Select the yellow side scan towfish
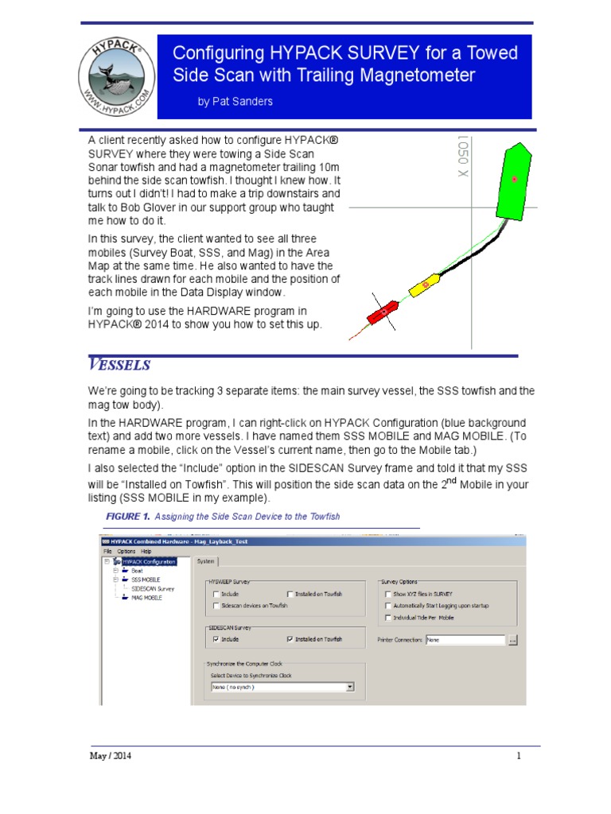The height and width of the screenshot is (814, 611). [x=424, y=285]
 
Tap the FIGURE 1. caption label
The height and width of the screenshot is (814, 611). [x=128, y=517]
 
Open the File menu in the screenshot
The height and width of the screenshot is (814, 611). [x=107, y=551]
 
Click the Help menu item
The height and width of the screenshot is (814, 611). [x=146, y=551]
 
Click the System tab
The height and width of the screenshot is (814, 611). [x=206, y=561]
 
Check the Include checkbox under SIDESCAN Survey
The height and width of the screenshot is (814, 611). [x=216, y=639]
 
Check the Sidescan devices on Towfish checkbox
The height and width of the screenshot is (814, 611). [x=216, y=606]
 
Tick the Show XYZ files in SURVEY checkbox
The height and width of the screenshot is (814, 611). [x=387, y=594]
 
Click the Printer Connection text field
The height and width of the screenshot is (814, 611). [x=465, y=639]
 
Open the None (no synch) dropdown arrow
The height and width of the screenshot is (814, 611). [x=350, y=687]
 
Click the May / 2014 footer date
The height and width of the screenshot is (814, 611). [x=110, y=756]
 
